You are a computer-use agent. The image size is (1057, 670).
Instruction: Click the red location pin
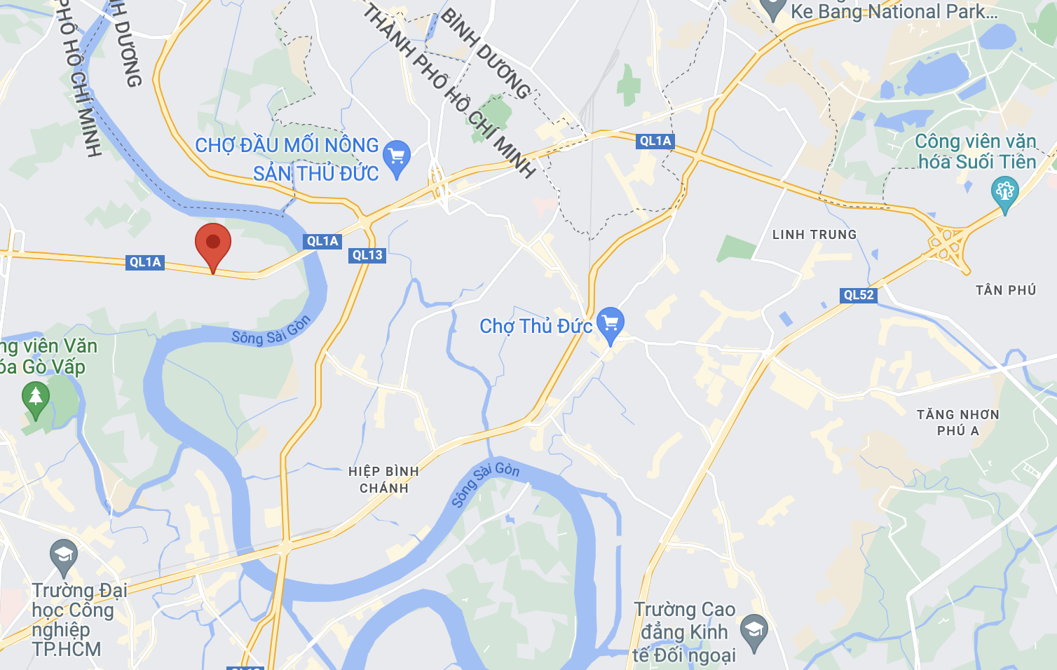coord(213,244)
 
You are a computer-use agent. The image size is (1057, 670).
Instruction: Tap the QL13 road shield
coord(367,255)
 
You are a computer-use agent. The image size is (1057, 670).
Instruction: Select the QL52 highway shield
coord(859,295)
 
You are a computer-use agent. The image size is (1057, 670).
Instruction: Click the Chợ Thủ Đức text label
coord(536,326)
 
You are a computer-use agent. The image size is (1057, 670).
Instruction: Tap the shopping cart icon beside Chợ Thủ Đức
coord(611,324)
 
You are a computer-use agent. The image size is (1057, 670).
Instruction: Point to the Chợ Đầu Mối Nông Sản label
coord(287,159)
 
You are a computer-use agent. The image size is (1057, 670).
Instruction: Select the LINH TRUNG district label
coord(814,235)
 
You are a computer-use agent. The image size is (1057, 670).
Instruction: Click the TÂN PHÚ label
coord(1006,290)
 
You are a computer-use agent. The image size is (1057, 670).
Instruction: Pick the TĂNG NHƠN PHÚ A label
coord(957,423)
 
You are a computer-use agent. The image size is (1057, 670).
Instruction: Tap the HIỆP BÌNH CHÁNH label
coord(384,479)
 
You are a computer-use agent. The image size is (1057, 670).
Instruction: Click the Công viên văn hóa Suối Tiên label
coord(976,151)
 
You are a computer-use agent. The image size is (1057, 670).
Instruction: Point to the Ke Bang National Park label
coord(894,12)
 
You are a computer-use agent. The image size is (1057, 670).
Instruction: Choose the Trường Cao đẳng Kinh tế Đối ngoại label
coord(683,632)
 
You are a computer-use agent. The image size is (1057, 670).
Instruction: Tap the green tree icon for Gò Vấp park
coord(36,397)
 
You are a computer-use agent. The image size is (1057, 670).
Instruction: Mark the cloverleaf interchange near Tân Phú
coord(948,242)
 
